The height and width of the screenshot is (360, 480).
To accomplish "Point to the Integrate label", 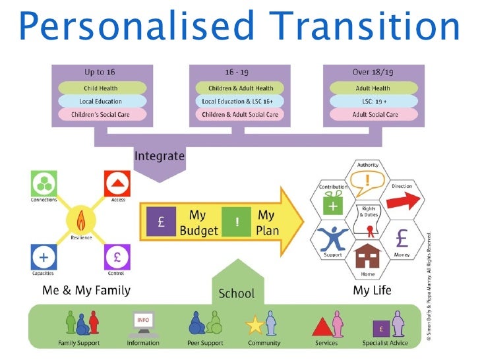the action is point(160,156).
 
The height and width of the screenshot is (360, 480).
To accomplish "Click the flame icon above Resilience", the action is point(81,218).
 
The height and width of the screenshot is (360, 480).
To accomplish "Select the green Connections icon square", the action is point(43,183).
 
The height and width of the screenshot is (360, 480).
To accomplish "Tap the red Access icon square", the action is point(117,183).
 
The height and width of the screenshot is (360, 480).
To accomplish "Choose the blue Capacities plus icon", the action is point(43,256).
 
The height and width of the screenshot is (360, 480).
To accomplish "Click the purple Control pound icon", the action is point(117,256).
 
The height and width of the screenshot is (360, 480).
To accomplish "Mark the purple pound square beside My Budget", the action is point(160,222).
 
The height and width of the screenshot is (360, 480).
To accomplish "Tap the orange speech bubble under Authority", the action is point(367,181).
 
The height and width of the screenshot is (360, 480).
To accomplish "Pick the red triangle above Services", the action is point(322,327).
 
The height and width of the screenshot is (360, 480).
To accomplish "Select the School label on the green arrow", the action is point(236,293).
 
